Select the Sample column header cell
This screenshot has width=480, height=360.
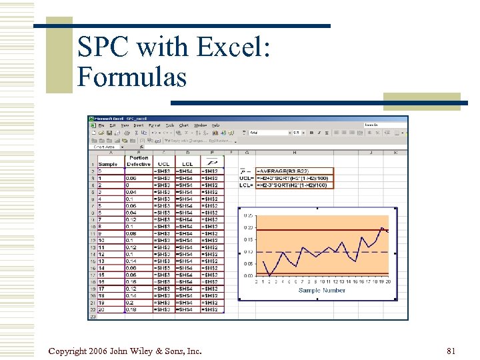[x=108, y=164]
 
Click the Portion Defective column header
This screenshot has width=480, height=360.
[x=139, y=161]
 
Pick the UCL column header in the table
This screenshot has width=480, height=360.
[x=163, y=164]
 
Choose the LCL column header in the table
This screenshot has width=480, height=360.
[x=187, y=164]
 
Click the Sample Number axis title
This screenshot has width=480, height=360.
[x=322, y=291]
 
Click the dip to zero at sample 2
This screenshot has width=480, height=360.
[x=269, y=275]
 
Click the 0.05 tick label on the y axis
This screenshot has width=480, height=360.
[x=248, y=264]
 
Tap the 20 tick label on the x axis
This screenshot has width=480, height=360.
[x=387, y=282]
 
